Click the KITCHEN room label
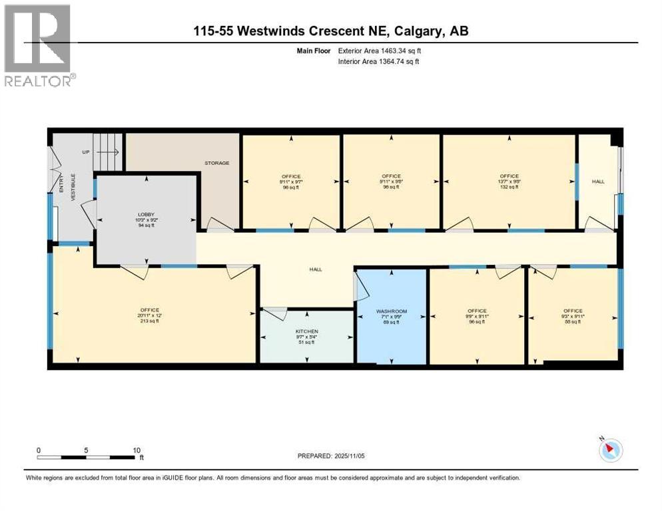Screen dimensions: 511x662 [x=306, y=331]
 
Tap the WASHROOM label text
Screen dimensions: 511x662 [x=391, y=311]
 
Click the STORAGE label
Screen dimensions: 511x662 [x=216, y=163]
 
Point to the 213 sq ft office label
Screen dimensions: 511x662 [x=149, y=315]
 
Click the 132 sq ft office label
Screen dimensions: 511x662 [x=509, y=182]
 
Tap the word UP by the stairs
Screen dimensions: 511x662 [x=85, y=152]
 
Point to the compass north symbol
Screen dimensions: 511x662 [x=610, y=450]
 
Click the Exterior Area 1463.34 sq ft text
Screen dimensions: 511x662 [x=379, y=50]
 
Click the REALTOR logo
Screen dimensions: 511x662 [x=39, y=45]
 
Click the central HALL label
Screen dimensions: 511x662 [x=315, y=269]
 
